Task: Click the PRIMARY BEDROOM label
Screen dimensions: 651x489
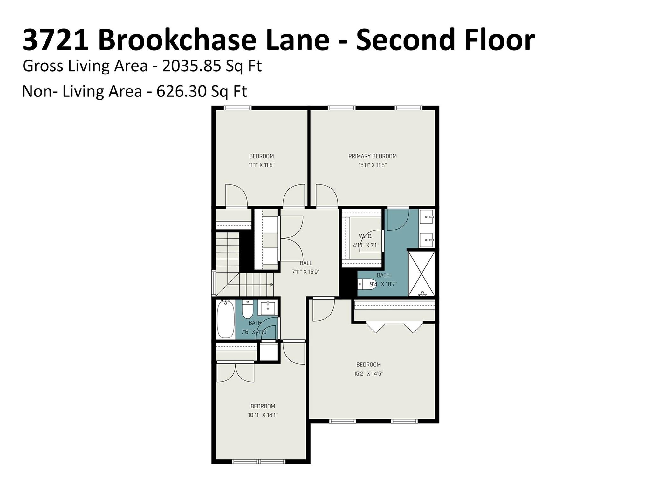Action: (x=372, y=156)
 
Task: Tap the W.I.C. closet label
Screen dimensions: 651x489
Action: (x=366, y=236)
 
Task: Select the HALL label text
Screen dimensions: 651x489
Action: (x=306, y=263)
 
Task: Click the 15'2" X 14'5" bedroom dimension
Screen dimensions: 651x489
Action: (x=368, y=373)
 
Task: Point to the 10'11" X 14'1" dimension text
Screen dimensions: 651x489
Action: (x=263, y=415)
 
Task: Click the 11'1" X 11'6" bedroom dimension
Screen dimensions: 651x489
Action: (x=261, y=165)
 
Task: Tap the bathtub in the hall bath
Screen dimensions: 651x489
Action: (x=225, y=319)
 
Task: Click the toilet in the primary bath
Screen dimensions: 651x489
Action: (x=367, y=284)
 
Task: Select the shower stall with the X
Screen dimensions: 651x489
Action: (x=421, y=274)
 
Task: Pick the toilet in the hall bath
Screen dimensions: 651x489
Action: (x=248, y=309)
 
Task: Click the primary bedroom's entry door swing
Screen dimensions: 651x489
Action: (x=327, y=196)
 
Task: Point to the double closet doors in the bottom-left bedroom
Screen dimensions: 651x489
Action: (x=235, y=372)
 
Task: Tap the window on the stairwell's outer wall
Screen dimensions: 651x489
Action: (x=214, y=283)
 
